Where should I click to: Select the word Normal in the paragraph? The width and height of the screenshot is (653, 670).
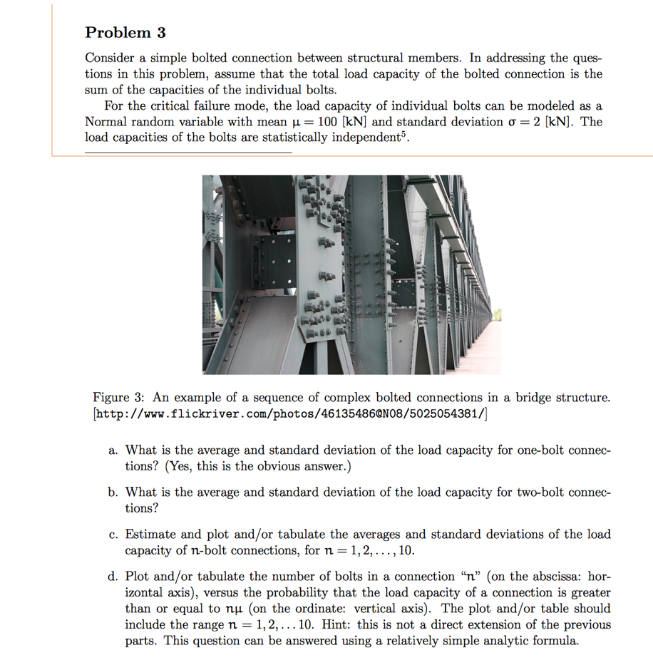point(106,121)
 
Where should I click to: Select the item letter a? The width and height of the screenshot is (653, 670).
point(113,450)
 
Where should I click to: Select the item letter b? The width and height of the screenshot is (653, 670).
point(113,493)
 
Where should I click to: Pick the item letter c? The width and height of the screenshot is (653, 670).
point(113,535)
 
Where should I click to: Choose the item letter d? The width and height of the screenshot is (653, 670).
point(113,577)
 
